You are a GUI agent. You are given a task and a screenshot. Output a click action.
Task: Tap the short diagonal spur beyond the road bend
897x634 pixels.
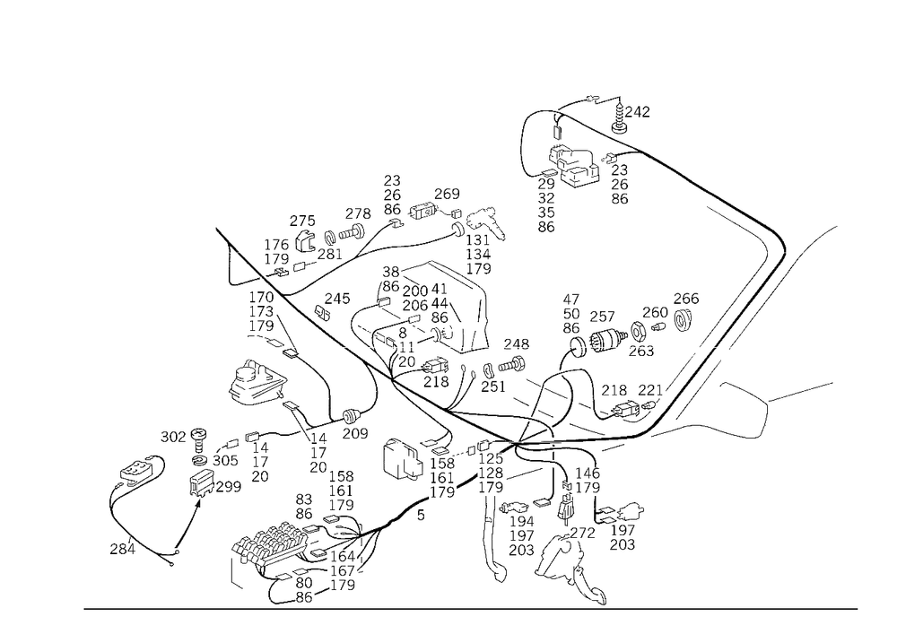pyautogui.click(x=821, y=235)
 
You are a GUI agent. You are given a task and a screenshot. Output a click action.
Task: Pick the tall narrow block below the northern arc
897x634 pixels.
pyautogui.click(x=544, y=202)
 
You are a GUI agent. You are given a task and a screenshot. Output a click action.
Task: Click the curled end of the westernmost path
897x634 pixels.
pyautogui.click(x=115, y=544)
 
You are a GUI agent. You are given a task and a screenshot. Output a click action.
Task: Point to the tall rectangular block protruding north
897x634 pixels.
pyautogui.click(x=390, y=193)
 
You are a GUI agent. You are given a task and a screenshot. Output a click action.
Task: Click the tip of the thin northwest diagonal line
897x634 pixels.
pyautogui.click(x=218, y=231)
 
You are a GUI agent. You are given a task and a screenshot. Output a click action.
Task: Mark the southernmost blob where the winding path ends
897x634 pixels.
pyautogui.click(x=592, y=594)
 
